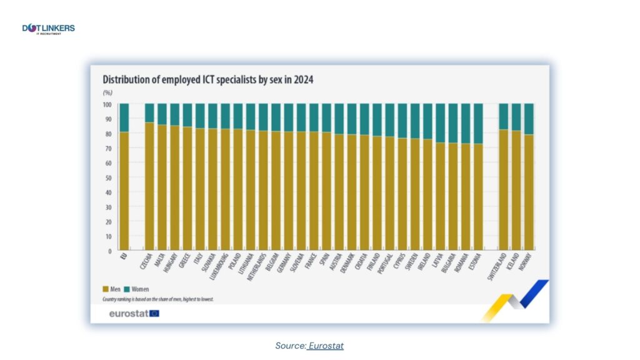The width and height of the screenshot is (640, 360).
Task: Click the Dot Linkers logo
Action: pyautogui.click(x=48, y=29)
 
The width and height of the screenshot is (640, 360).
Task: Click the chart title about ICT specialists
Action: pyautogui.click(x=207, y=80)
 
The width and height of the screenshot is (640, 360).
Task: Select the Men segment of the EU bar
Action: pyautogui.click(x=124, y=191)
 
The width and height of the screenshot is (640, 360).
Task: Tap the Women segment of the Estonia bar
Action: pyautogui.click(x=478, y=123)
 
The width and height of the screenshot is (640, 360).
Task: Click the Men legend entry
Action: pyautogui.click(x=112, y=289)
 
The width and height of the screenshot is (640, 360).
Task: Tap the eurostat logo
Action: pyautogui.click(x=134, y=313)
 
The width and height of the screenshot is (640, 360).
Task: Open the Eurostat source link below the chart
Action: pyautogui.click(x=326, y=346)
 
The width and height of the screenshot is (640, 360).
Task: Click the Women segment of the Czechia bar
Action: pyautogui.click(x=149, y=113)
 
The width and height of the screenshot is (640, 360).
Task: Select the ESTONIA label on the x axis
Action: pyautogui.click(x=476, y=263)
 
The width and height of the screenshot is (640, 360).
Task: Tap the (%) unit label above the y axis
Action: pyautogui.click(x=107, y=92)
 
